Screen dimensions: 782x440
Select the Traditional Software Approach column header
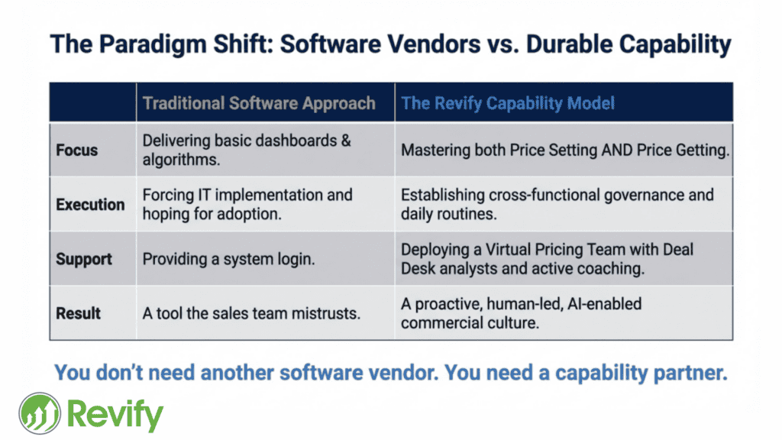[x=259, y=103]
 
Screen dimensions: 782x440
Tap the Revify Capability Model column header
[x=508, y=103]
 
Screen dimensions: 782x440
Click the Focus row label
[x=77, y=150]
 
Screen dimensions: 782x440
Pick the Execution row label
[x=90, y=205]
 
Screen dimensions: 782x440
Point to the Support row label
[x=84, y=260]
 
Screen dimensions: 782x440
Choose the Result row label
[x=79, y=313]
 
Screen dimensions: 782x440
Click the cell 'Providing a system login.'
[x=228, y=260]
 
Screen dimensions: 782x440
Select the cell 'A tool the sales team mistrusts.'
[x=251, y=313]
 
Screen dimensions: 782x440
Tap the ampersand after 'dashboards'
[x=346, y=141]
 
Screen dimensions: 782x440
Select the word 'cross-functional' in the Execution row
[x=544, y=195]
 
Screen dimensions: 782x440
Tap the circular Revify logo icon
[x=40, y=413]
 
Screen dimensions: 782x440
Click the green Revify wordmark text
[x=115, y=414]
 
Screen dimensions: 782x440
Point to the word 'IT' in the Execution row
[x=204, y=195]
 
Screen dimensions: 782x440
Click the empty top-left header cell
[x=92, y=102]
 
